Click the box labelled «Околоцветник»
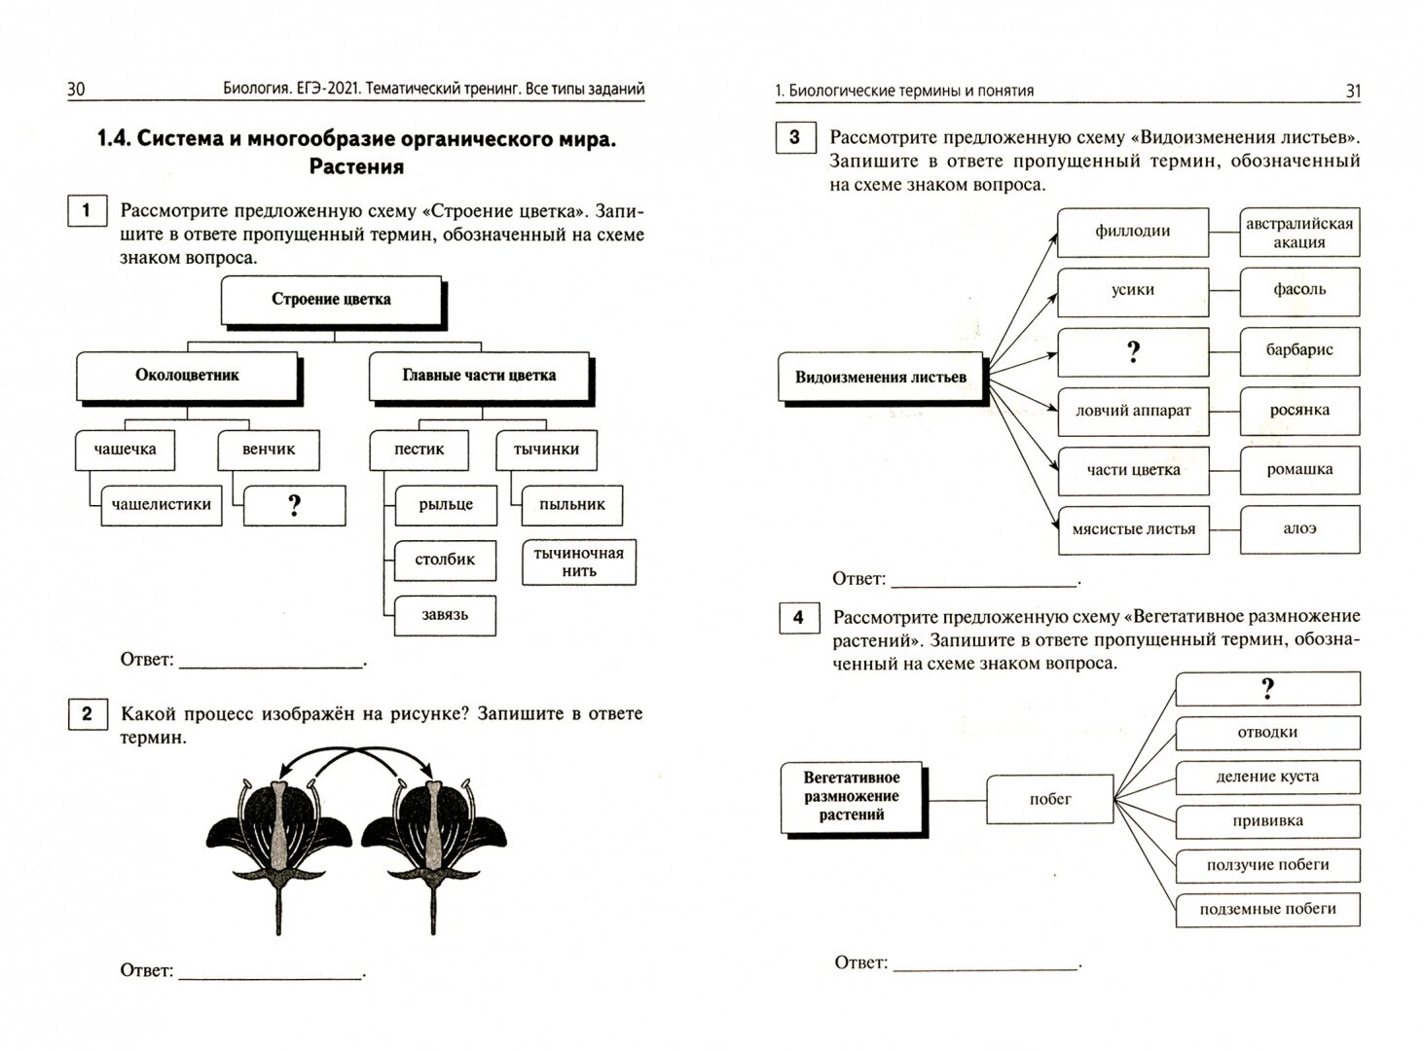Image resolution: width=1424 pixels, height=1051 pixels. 187,376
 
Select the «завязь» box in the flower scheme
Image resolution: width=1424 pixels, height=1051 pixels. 445,615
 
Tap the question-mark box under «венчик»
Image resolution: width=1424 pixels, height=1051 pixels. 294,505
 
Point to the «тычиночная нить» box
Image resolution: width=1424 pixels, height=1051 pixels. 578,562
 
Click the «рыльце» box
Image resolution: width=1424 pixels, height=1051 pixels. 446,505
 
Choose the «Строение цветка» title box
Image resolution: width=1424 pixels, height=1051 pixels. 331,300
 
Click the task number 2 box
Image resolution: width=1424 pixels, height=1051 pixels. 87,715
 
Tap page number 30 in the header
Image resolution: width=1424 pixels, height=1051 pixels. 76,90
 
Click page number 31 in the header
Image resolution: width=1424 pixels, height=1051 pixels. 1352,91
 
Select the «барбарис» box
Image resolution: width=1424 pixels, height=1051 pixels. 1299,350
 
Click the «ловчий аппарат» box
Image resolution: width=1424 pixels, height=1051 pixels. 1133,411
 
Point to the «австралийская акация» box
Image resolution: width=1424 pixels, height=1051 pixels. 1299,233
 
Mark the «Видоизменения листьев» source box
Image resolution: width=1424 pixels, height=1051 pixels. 881,378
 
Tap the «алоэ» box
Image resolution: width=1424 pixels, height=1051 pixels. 1299,529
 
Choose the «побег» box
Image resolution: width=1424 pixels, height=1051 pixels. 1049,800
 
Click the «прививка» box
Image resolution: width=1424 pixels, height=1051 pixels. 1267,821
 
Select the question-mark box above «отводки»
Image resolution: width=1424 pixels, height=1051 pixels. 1267,690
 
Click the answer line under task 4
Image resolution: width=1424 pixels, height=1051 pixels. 985,964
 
